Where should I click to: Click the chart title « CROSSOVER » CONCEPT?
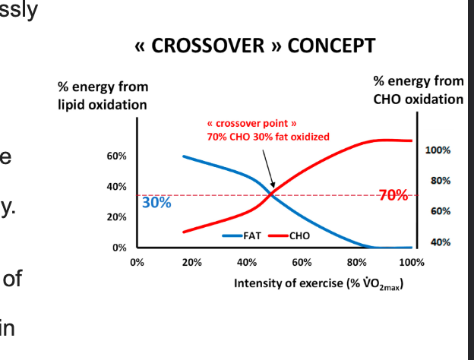point(254,46)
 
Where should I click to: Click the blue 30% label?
point(156,204)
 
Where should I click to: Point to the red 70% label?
point(393,195)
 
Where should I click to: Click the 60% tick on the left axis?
point(116,156)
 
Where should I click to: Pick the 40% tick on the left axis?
point(116,187)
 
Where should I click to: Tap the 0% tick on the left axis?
point(118,248)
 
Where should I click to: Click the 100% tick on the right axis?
point(438,150)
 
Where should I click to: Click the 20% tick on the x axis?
point(191,263)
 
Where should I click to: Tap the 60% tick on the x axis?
point(302,263)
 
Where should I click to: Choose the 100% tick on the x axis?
point(411,263)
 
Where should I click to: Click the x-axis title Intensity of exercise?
point(318,283)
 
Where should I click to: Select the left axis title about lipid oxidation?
point(103,96)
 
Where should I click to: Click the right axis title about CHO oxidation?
point(419,90)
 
